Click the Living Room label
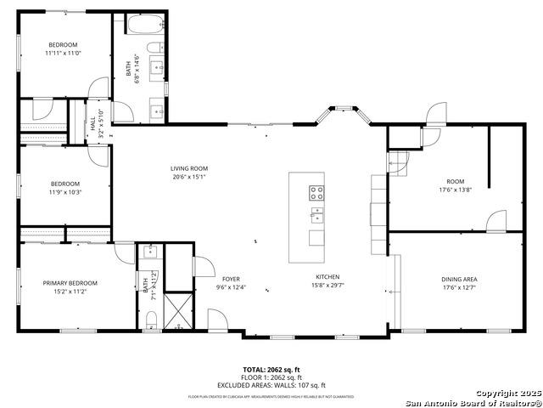point(189,168)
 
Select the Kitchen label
point(327,277)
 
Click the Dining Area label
point(458,279)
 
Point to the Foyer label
point(231,279)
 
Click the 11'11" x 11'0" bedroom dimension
point(63,54)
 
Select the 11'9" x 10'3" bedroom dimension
point(64,192)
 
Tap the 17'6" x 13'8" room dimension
point(456,190)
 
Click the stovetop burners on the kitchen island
point(316,192)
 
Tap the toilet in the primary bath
point(150,319)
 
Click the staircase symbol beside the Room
point(398,161)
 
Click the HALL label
point(92,125)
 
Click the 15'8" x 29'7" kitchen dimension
point(327,286)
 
